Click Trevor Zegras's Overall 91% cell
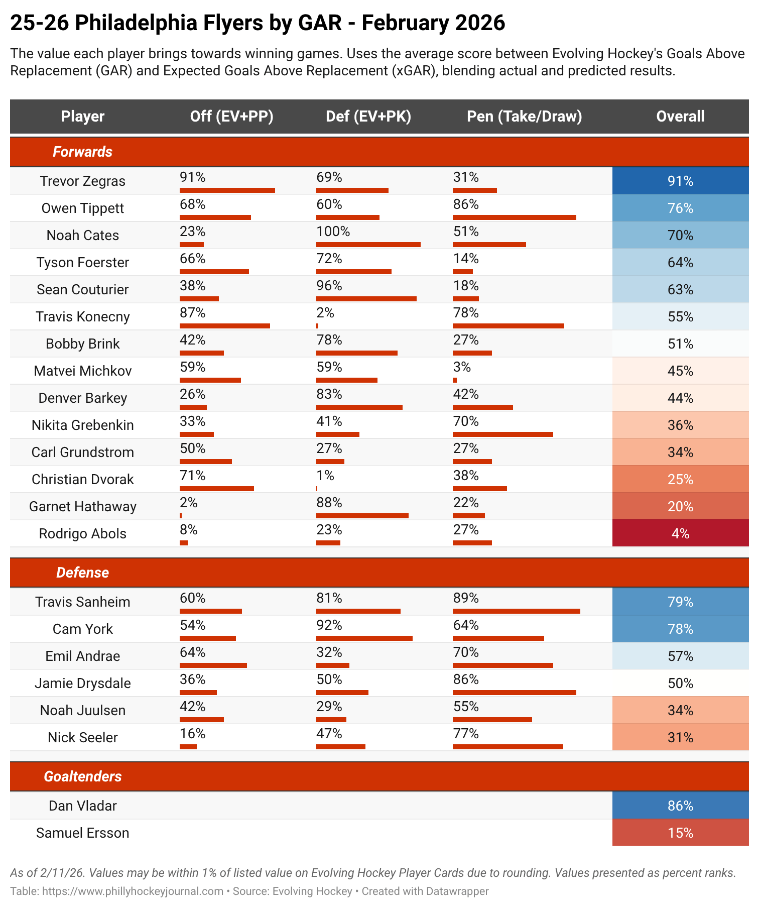[680, 181]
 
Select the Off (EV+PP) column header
[231, 117]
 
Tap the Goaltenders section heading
[83, 776]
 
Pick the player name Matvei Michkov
[83, 371]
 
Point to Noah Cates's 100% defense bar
[368, 245]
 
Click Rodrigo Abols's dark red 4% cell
[680, 533]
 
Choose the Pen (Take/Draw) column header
[524, 117]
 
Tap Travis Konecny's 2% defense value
[325, 313]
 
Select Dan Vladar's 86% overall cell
[680, 806]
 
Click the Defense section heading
[83, 573]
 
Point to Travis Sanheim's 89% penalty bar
[516, 611]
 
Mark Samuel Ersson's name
[83, 833]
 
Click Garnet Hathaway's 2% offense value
[188, 503]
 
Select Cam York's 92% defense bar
[364, 638]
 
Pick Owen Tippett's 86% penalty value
[465, 205]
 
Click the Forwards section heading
[83, 152]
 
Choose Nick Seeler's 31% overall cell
[680, 737]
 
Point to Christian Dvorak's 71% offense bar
[216, 489]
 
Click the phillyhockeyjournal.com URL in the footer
[133, 891]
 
